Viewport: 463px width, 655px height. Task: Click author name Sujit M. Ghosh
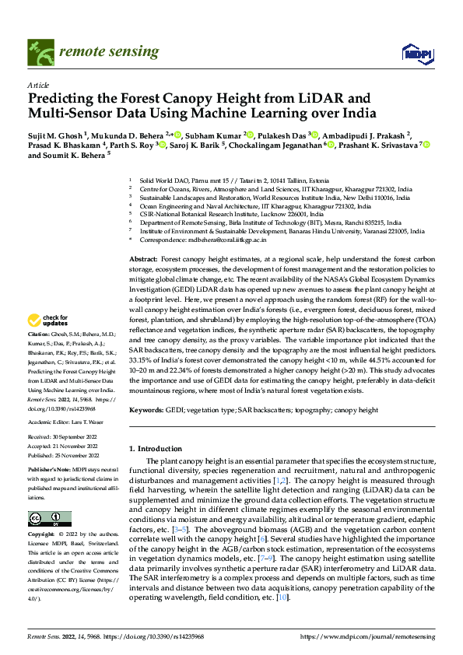pos(57,135)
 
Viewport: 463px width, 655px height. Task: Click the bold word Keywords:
pos(146,409)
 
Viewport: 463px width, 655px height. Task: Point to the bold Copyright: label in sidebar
pos(42,535)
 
